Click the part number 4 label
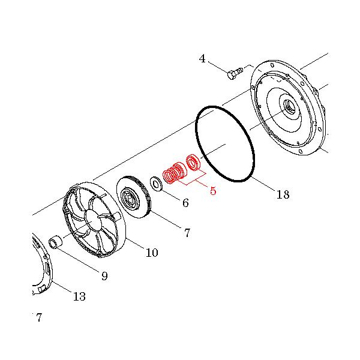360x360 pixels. point(202,58)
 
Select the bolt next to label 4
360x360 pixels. point(234,73)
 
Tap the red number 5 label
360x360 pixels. point(212,191)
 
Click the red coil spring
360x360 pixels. point(173,173)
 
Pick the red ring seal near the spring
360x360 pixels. point(193,162)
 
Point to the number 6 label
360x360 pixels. point(185,203)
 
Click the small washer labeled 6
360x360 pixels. point(155,183)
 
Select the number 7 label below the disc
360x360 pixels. point(187,233)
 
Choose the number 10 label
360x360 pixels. point(152,253)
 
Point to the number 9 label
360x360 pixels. point(104,276)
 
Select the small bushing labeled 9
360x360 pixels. point(54,242)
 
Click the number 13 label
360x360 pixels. point(79,296)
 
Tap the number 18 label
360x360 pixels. point(283,194)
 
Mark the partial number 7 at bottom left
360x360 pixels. point(38,318)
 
